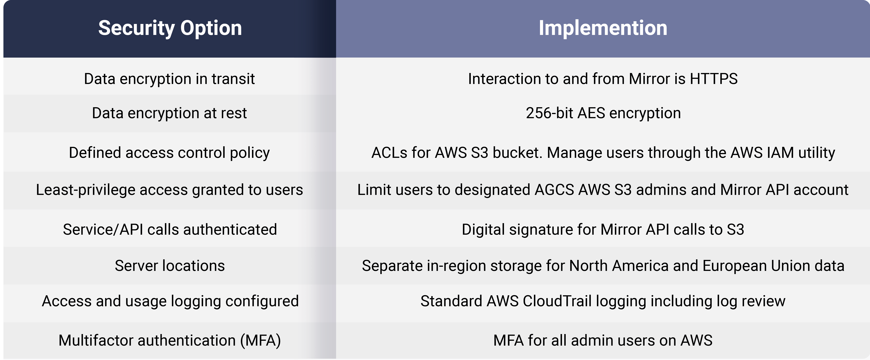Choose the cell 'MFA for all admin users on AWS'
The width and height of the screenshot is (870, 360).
(x=603, y=340)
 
